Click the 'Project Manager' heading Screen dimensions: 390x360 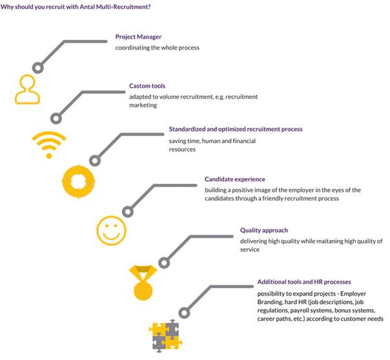pos(138,37)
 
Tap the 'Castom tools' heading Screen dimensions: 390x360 pos(147,86)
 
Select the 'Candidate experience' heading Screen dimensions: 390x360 pos(235,179)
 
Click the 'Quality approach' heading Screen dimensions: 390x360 pos(264,230)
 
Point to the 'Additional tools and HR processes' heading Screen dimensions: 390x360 pos(304,282)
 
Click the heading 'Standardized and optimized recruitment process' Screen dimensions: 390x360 pos(236,129)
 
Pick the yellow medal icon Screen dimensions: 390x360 pos(143,283)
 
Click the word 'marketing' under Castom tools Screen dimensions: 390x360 pos(143,105)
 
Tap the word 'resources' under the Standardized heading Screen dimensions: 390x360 pos(182,150)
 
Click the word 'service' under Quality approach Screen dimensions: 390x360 pos(250,250)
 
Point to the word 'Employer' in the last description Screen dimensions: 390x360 pos(353,294)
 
